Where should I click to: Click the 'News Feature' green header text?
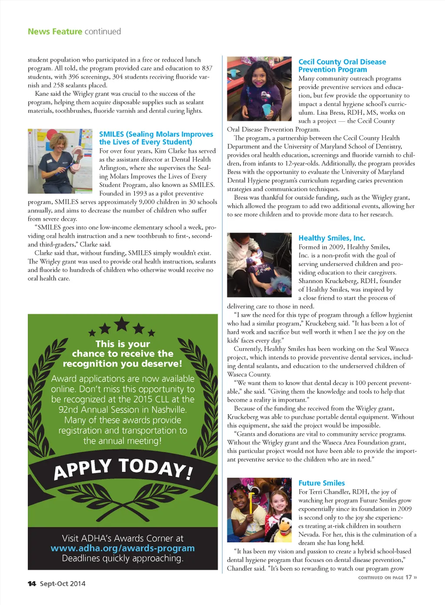coord(55,32)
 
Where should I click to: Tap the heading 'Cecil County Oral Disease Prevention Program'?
coord(342,66)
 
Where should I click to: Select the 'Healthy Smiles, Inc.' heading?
coord(332,238)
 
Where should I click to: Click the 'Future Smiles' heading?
coord(322,483)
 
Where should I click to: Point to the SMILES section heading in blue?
coord(156,138)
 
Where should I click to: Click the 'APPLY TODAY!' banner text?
coord(123,468)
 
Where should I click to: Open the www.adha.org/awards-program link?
coord(123,548)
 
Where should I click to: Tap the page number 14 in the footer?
coord(32,584)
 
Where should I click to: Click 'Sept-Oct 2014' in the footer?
coord(63,584)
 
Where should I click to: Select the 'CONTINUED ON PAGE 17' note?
coord(387,578)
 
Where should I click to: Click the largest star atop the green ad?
coord(122,324)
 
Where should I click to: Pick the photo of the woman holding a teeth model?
coord(60,161)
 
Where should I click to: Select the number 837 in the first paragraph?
coord(207,68)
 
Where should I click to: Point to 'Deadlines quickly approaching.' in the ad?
coord(123,558)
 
